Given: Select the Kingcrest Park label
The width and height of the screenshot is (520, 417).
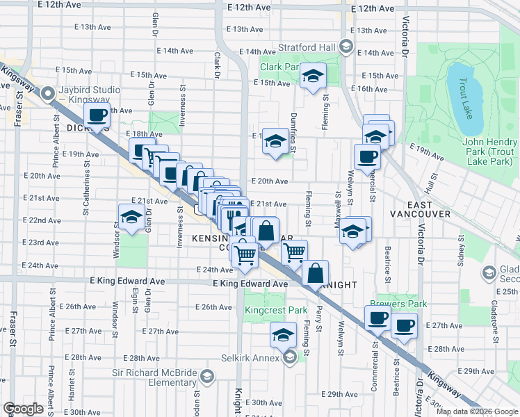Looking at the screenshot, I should click(276, 311).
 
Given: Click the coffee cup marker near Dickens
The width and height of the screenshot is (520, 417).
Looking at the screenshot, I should click(98, 115).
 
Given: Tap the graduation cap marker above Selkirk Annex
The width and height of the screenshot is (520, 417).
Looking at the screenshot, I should click(283, 335).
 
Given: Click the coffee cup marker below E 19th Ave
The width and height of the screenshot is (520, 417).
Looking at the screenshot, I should click(366, 156).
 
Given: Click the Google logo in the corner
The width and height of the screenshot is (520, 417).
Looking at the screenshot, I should click(23, 408).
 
